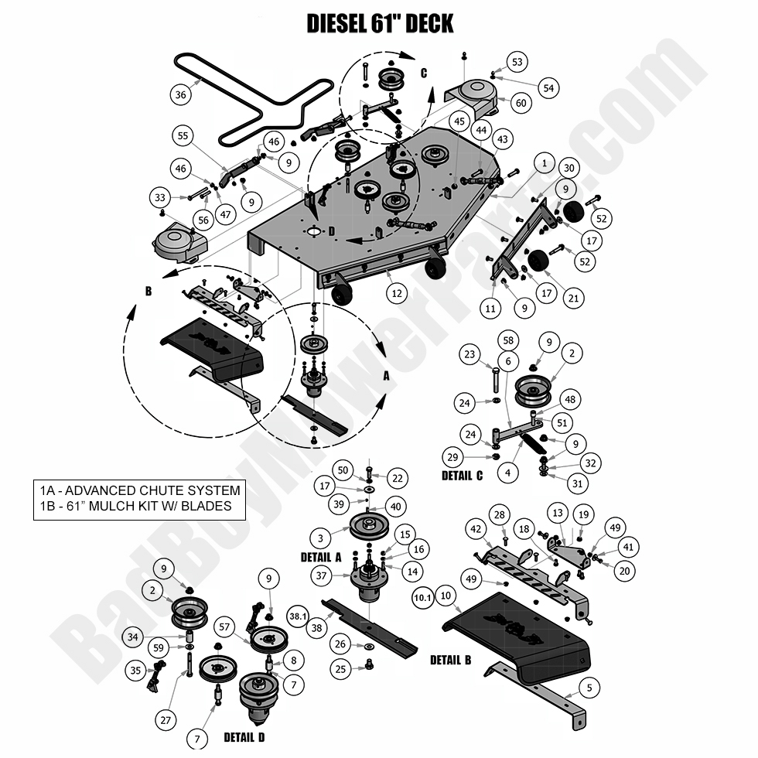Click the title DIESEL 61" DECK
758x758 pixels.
(379, 23)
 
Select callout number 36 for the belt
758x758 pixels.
(181, 95)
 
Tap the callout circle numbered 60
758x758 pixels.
(521, 103)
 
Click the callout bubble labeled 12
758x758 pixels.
(397, 294)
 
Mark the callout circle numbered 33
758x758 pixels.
(160, 198)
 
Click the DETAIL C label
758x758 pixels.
(462, 476)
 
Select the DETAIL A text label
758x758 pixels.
(321, 557)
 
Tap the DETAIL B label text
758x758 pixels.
(450, 660)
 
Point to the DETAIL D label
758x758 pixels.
(244, 737)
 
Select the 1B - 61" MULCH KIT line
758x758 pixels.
(136, 507)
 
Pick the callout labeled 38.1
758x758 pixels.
(297, 616)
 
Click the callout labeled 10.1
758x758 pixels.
(422, 598)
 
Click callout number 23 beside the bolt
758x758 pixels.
(469, 355)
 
